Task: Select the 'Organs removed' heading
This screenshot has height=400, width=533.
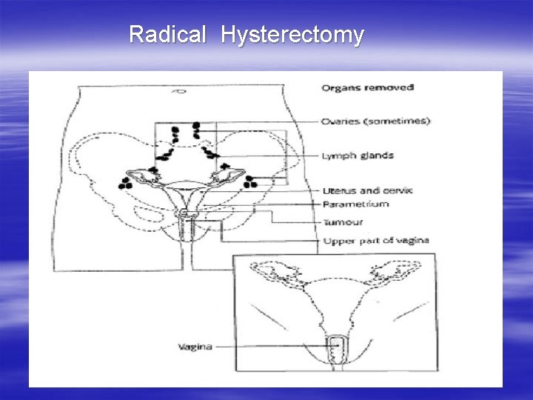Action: click(367, 88)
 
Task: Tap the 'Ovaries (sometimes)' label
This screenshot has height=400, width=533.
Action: click(375, 121)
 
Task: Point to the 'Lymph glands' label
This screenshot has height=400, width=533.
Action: click(358, 156)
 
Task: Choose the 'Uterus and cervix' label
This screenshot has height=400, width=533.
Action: click(367, 190)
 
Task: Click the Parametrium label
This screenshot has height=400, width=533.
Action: click(355, 204)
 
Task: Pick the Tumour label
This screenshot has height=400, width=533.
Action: click(343, 221)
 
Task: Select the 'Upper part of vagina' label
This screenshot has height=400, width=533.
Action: click(375, 241)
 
